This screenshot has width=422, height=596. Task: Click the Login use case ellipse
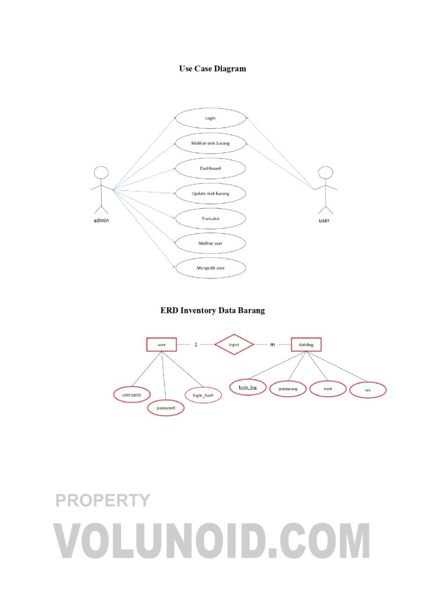[210, 118]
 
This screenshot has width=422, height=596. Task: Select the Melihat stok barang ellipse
[210, 143]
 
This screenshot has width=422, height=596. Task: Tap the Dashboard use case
[210, 168]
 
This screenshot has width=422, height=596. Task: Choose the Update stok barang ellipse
[210, 193]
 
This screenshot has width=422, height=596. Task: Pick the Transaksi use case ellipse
[210, 219]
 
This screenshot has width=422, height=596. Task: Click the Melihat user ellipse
[210, 243]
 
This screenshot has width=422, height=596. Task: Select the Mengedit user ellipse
[210, 268]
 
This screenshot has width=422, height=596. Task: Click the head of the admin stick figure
[101, 172]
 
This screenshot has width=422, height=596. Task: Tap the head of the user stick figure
[325, 172]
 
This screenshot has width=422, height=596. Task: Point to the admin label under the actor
[101, 221]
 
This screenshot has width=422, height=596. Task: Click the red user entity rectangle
[162, 345]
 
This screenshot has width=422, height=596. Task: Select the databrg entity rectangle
[306, 345]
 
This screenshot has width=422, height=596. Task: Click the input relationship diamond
[234, 345]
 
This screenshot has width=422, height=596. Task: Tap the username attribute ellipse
[132, 395]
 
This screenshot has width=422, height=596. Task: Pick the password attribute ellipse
[166, 408]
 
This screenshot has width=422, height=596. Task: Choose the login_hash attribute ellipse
[203, 395]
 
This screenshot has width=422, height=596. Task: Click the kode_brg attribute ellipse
[248, 387]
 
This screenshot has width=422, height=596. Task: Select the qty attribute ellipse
[368, 390]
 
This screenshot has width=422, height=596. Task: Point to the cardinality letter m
[272, 345]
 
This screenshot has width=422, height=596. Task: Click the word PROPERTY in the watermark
[102, 500]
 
